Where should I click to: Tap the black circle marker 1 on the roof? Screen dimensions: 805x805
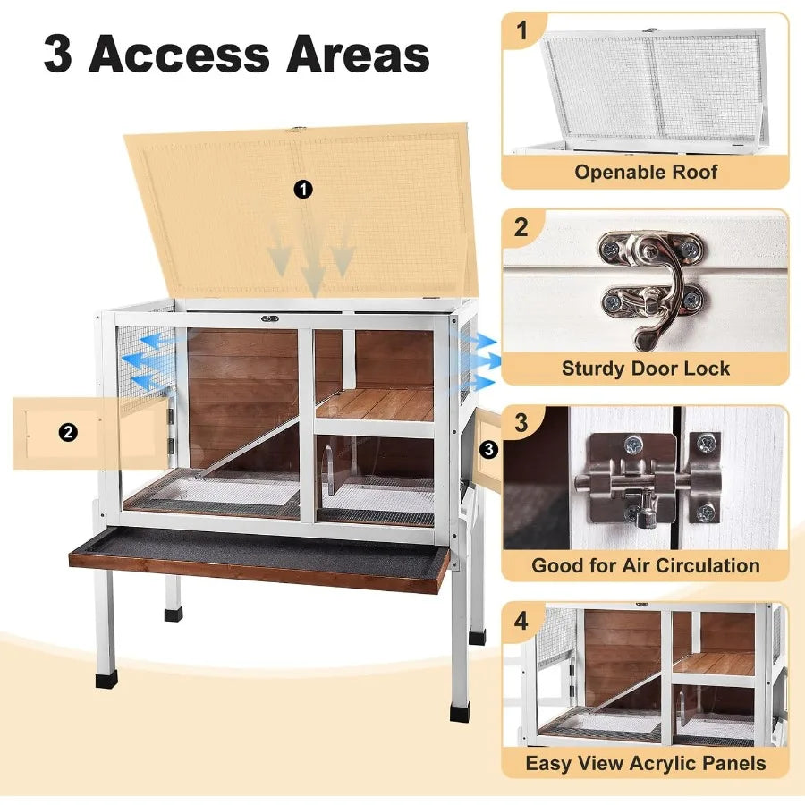(304, 189)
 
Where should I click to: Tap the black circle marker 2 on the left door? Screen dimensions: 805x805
(69, 433)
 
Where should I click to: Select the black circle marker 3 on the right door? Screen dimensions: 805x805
(488, 450)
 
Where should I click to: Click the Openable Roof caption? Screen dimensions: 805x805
(646, 172)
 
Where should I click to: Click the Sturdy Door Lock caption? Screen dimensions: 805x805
(646, 368)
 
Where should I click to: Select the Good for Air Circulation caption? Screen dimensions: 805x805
(646, 564)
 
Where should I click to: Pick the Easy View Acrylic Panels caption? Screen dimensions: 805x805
(646, 762)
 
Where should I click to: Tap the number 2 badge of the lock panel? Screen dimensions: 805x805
(521, 227)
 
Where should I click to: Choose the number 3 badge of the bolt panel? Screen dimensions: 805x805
(521, 423)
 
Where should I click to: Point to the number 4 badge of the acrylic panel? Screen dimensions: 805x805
(521, 621)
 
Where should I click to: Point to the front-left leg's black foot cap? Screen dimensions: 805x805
(106, 679)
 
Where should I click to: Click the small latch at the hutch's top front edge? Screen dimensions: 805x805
(269, 318)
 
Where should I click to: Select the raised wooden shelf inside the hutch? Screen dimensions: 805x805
(376, 403)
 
